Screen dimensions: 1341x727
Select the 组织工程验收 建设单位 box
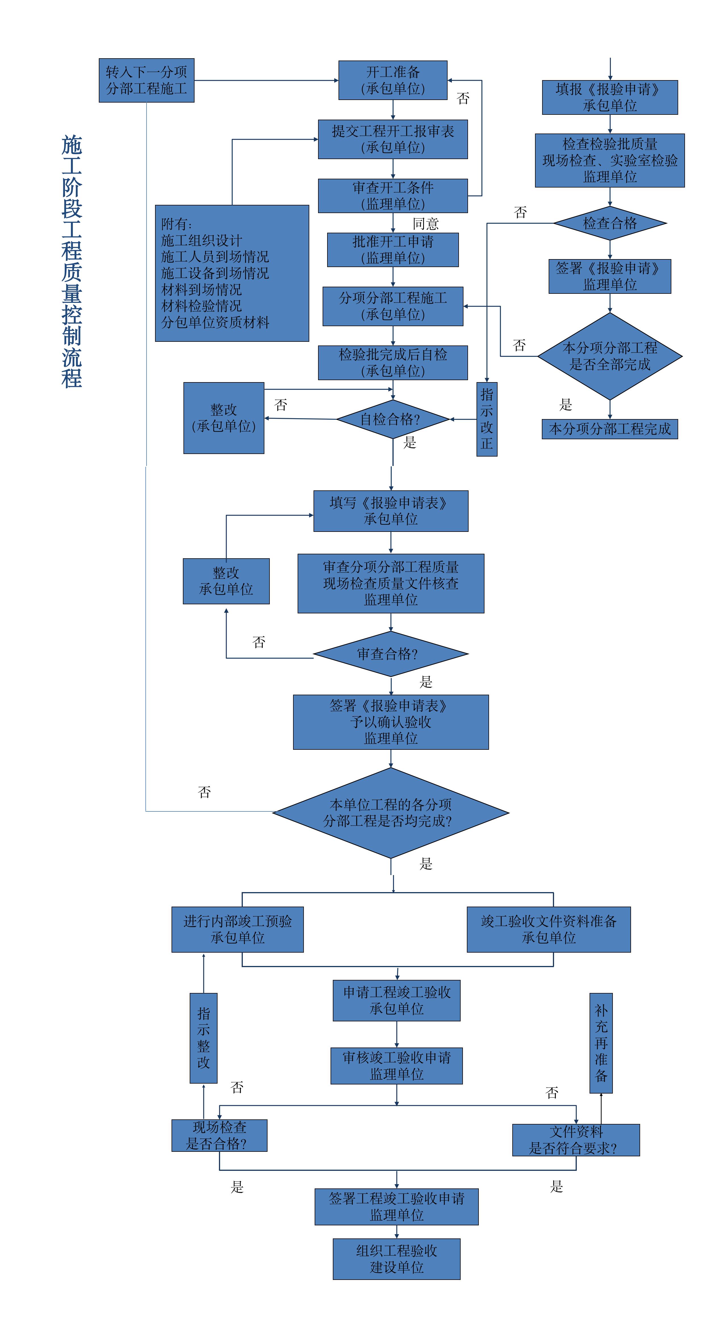396,1259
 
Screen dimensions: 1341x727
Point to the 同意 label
426,224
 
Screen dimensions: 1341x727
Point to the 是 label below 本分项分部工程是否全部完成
566,405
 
